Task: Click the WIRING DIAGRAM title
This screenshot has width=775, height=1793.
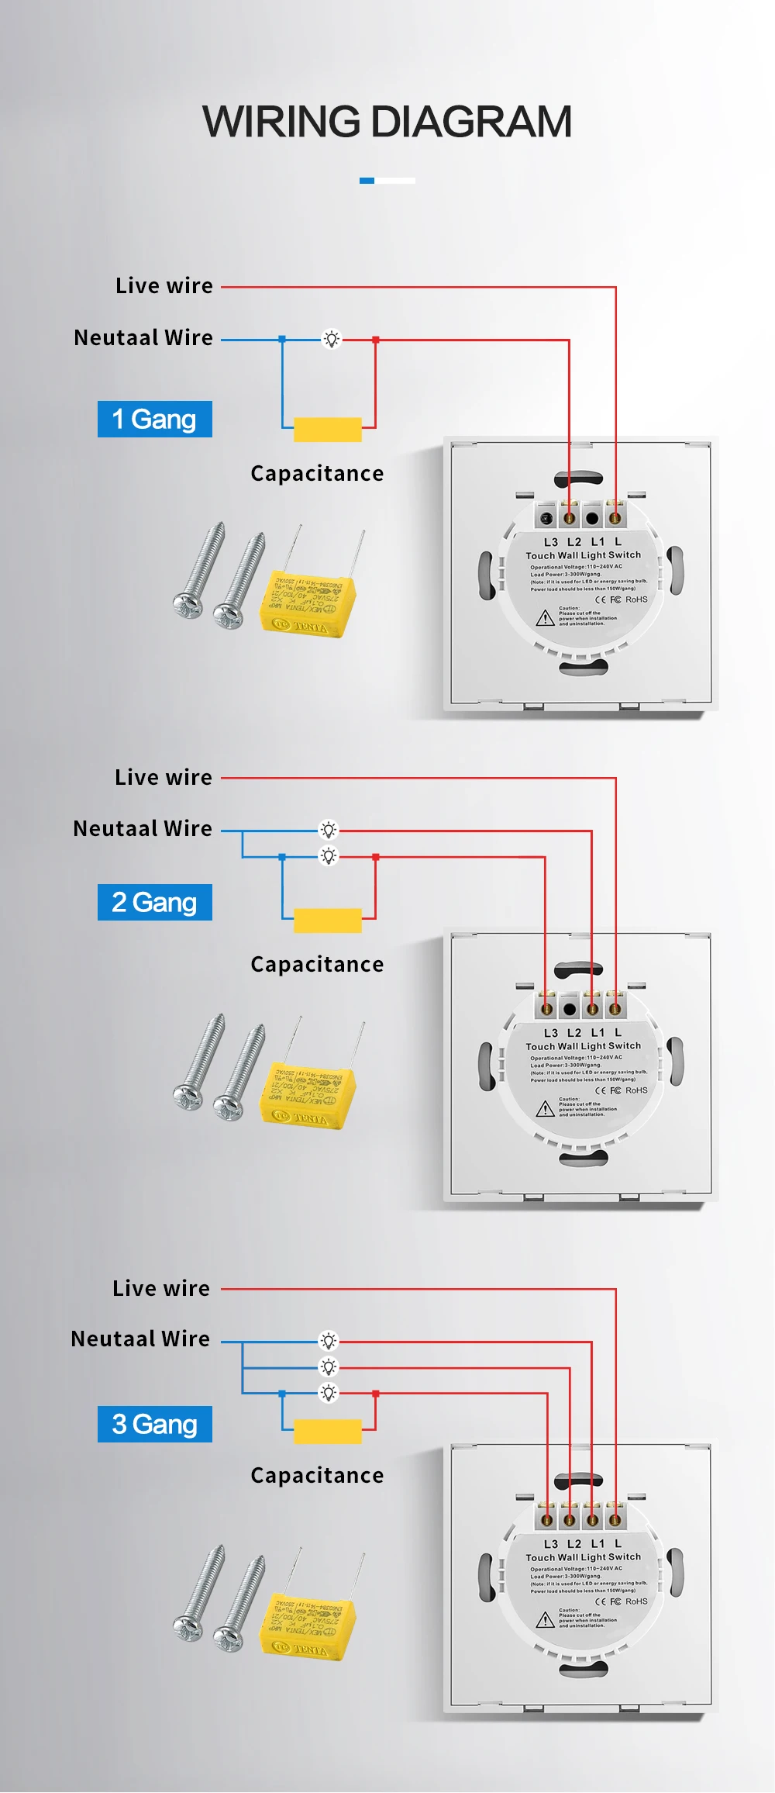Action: [x=387, y=122]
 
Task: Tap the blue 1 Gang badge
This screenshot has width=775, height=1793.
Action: [x=155, y=419]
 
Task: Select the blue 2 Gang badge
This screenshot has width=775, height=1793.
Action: [x=155, y=902]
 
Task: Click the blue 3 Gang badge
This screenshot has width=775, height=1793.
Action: [x=155, y=1424]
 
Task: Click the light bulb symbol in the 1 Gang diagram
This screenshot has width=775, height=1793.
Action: [x=331, y=339]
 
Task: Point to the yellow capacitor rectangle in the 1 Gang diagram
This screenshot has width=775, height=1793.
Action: [x=328, y=429]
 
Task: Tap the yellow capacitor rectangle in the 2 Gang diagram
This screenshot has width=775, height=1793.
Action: [x=328, y=920]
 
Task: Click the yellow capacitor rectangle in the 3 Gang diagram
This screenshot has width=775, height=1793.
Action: [x=328, y=1431]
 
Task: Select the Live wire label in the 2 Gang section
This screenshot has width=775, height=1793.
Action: [x=164, y=777]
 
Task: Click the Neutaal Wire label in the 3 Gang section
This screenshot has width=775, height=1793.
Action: [x=140, y=1339]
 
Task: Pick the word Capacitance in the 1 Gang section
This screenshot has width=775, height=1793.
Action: [x=317, y=473]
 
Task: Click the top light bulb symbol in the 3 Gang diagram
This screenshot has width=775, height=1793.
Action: [x=329, y=1341]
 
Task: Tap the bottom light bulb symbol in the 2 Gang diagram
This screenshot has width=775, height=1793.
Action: [x=329, y=856]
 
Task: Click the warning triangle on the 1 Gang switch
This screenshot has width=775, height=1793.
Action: [x=545, y=618]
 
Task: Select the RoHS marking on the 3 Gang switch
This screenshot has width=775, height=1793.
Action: [x=636, y=1601]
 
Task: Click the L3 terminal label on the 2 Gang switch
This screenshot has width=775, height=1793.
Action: [x=550, y=1033]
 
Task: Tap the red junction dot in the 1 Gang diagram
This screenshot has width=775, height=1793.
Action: [x=376, y=340]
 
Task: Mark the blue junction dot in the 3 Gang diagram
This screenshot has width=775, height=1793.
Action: [x=282, y=1394]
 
